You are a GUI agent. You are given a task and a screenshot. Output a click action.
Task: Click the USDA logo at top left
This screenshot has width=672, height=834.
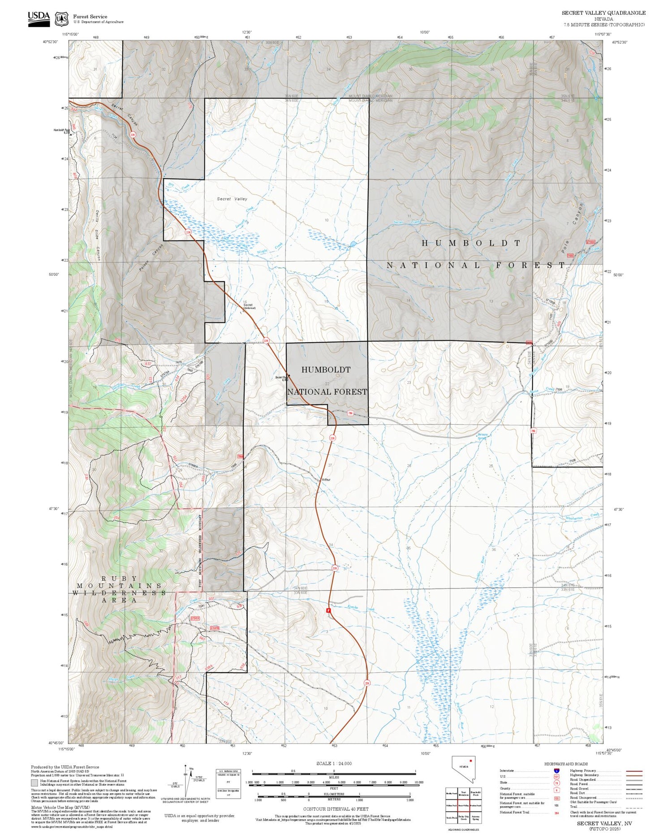click(39, 18)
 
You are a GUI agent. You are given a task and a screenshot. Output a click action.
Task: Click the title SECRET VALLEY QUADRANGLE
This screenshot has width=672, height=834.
click(603, 13)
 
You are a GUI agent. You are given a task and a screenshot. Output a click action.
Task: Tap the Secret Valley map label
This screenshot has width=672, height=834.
click(232, 199)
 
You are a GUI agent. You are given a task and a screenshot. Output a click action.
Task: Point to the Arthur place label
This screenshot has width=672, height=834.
click(326, 480)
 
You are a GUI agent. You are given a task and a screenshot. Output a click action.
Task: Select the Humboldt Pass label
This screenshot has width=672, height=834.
click(61, 130)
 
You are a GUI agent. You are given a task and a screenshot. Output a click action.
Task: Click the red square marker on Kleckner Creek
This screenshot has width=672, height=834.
click(328, 610)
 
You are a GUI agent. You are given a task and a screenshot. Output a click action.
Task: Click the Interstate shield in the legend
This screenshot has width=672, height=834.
click(557, 770)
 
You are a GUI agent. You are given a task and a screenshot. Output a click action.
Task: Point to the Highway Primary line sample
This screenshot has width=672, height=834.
click(632, 771)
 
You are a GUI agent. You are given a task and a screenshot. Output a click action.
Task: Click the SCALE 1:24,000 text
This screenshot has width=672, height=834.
click(334, 764)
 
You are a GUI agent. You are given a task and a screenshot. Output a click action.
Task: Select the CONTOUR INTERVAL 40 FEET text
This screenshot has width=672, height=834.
click(336, 809)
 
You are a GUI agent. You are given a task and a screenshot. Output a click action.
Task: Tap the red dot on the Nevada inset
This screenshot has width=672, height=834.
click(471, 761)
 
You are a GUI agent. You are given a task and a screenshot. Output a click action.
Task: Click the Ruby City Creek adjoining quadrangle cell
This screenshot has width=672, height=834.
click(464, 817)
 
